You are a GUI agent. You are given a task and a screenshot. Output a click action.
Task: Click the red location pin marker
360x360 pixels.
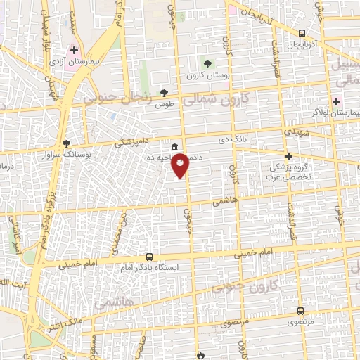click(180, 165)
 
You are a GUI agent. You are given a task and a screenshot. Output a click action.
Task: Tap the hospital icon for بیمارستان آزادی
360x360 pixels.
click(74, 50)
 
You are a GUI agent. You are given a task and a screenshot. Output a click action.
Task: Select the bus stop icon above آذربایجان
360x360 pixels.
click(302, 33)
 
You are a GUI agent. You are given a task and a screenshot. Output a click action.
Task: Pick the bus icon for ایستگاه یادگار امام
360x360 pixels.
click(148, 257)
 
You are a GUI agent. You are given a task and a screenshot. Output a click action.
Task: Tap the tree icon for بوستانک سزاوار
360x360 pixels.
click(67, 142)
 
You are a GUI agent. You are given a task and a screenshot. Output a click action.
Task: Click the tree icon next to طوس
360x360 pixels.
click(165, 92)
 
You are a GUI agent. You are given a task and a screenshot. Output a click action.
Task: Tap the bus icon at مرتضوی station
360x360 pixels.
click(301, 311)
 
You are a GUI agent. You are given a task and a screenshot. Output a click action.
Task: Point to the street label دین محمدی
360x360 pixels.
click(120, 233)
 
